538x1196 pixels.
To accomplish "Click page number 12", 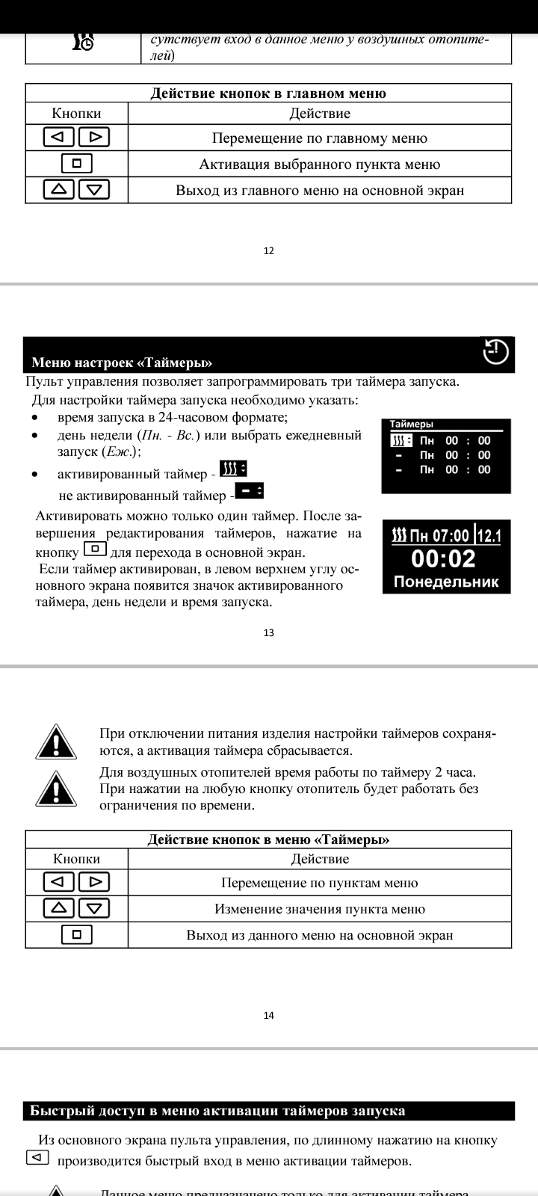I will (269, 250).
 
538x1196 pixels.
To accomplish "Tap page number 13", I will (269, 632).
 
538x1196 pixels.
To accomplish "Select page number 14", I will (269, 1015).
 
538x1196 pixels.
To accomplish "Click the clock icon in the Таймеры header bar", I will (496, 351).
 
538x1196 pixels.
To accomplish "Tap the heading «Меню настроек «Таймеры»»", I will (122, 363).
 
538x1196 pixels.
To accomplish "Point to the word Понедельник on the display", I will (446, 582).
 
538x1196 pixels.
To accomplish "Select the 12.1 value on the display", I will (489, 535).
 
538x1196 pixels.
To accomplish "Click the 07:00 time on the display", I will (451, 535).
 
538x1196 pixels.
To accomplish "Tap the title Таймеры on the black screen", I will (412, 424).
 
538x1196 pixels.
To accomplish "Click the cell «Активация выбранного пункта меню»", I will (319, 164).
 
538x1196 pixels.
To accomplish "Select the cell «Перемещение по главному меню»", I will (319, 138).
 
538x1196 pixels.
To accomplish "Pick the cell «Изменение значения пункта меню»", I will (319, 909).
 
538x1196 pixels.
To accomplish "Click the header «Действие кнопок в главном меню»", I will (268, 93).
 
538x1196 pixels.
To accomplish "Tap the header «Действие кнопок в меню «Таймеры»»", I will (268, 839).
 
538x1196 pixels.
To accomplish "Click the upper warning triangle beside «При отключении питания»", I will (57, 742).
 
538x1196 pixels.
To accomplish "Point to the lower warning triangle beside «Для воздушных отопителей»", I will (57, 789).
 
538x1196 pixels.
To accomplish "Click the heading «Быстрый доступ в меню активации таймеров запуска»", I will (217, 1110).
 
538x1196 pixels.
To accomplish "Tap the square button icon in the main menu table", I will (76, 164).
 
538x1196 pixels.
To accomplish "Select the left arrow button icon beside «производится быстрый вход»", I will (37, 1158).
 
